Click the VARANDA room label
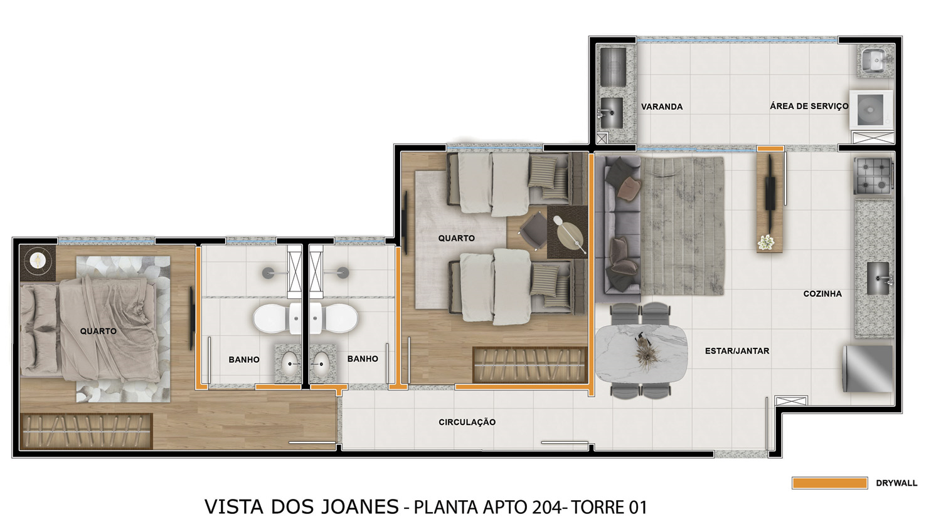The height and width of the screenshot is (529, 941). tap(662, 107)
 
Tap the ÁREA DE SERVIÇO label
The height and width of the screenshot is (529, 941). tap(809, 106)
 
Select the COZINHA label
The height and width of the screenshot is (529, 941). tap(822, 294)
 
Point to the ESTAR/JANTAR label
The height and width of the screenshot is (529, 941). tap(737, 351)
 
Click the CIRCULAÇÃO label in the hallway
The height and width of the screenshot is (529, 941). tap(467, 422)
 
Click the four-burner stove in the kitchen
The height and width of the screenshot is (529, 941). tap(873, 175)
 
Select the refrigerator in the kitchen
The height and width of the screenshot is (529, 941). tap(868, 369)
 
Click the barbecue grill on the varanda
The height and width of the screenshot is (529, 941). tap(614, 68)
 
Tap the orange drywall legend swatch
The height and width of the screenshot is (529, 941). tap(830, 483)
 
